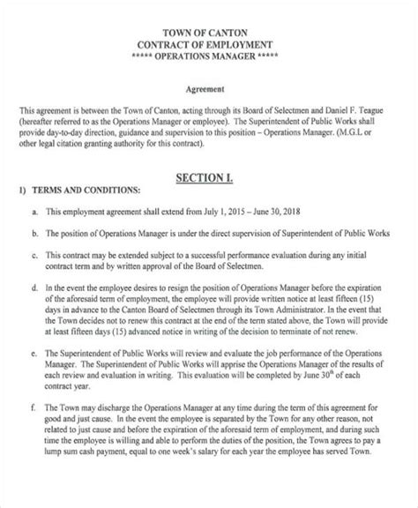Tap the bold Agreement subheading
tap(208, 88)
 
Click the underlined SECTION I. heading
tap(208, 178)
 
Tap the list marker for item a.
tap(34, 213)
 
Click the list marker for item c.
tap(34, 255)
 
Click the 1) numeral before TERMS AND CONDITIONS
tap(22, 190)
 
